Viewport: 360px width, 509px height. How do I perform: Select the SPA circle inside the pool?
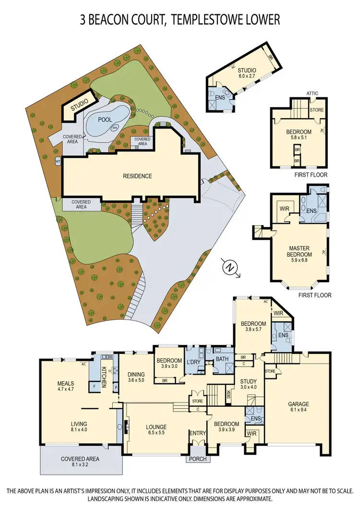[x=115, y=128]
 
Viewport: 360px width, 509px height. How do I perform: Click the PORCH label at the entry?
[x=197, y=459]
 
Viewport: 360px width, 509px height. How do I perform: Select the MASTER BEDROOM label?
[x=299, y=251]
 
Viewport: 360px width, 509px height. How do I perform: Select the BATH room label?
[x=221, y=358]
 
